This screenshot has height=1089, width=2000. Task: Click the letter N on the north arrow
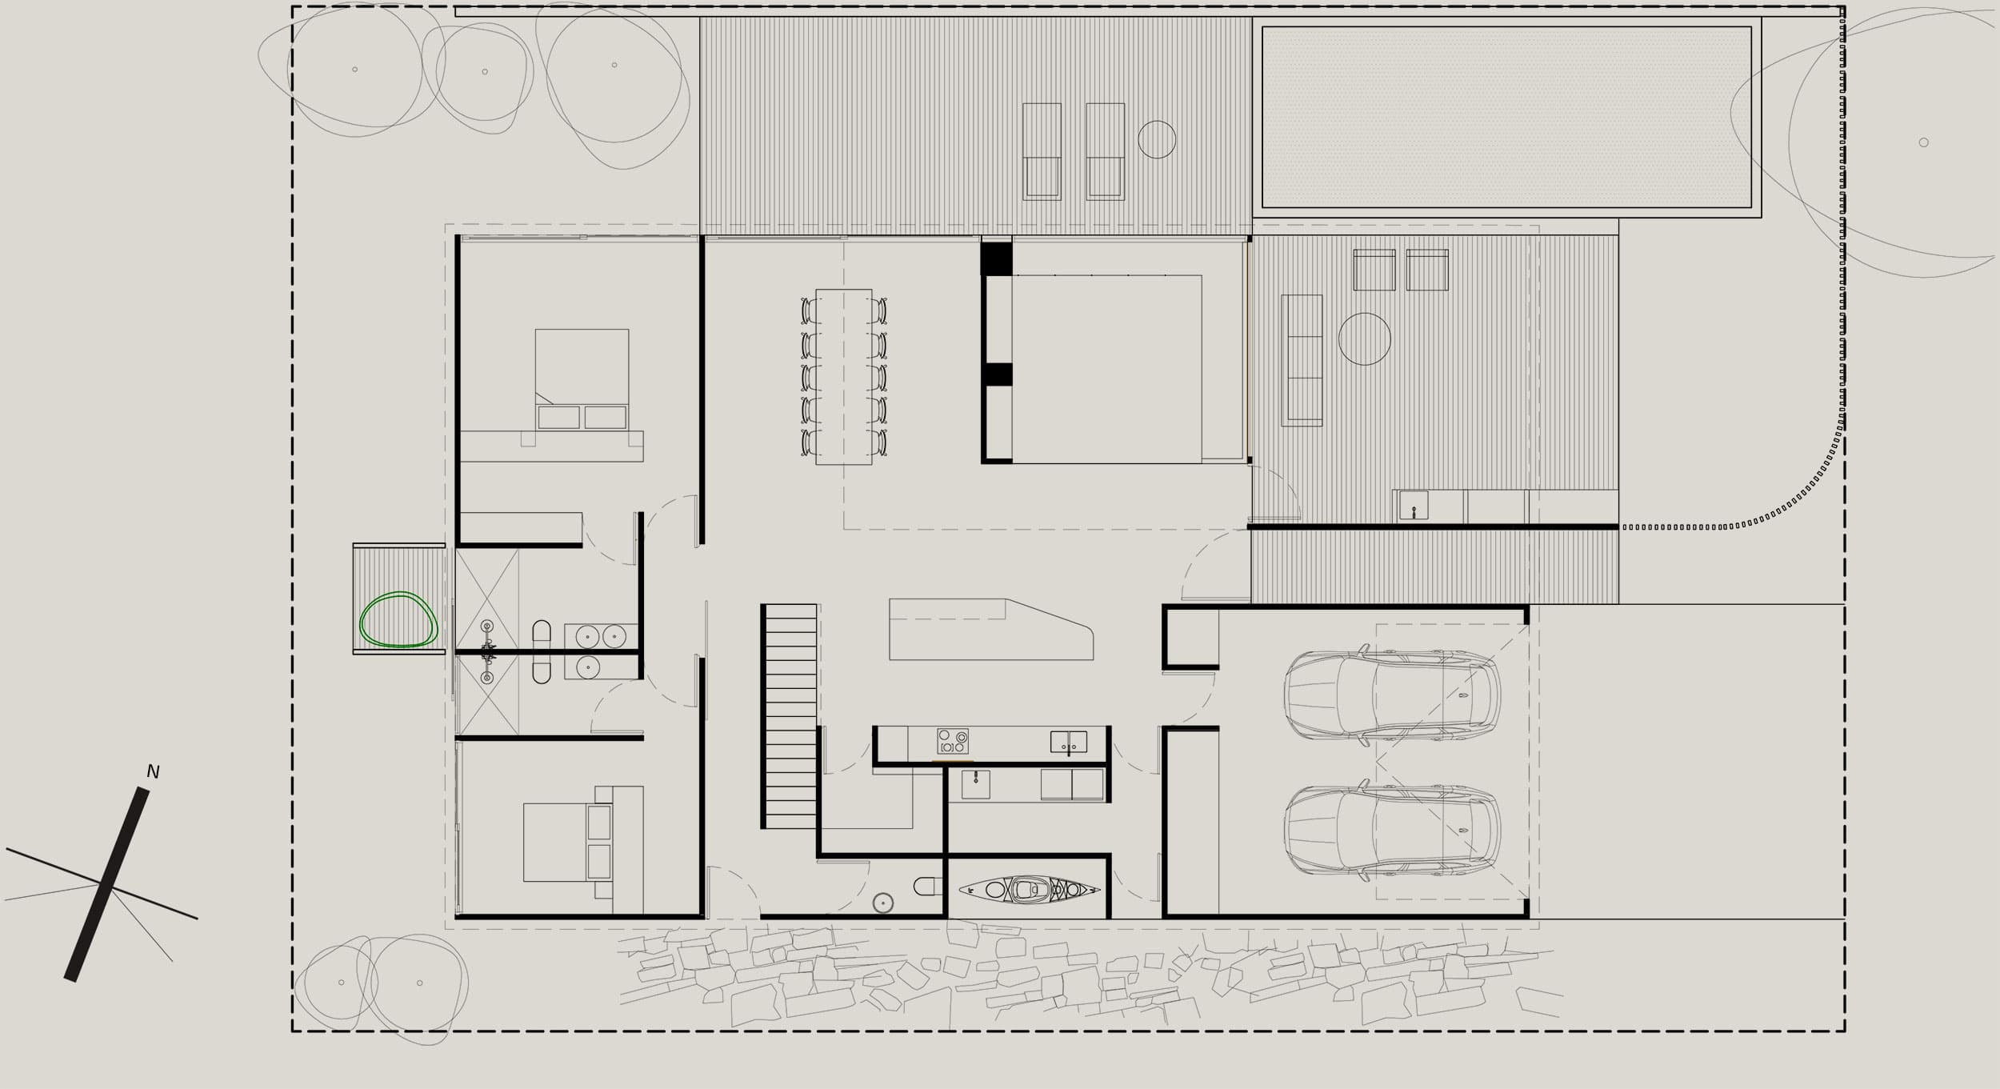click(153, 772)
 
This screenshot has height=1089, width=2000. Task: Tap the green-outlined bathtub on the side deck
click(398, 619)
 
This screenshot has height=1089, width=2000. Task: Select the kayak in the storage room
click(1029, 889)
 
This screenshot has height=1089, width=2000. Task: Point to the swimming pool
click(1506, 117)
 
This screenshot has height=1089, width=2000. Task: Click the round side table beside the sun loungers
click(1157, 139)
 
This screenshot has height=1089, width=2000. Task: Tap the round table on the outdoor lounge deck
click(1365, 338)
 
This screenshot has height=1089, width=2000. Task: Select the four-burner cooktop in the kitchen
click(953, 741)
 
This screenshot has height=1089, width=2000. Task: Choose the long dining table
click(844, 376)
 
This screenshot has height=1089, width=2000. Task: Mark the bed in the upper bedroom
click(582, 379)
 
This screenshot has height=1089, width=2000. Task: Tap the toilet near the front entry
click(929, 886)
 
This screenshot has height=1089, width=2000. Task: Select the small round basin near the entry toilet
click(882, 903)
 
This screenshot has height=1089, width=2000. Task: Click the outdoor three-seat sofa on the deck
click(1302, 360)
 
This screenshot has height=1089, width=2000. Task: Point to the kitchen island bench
click(991, 629)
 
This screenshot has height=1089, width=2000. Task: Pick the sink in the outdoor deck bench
click(1414, 506)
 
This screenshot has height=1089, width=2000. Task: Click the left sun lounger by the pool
click(1042, 151)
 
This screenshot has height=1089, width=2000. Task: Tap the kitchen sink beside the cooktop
click(1069, 742)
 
